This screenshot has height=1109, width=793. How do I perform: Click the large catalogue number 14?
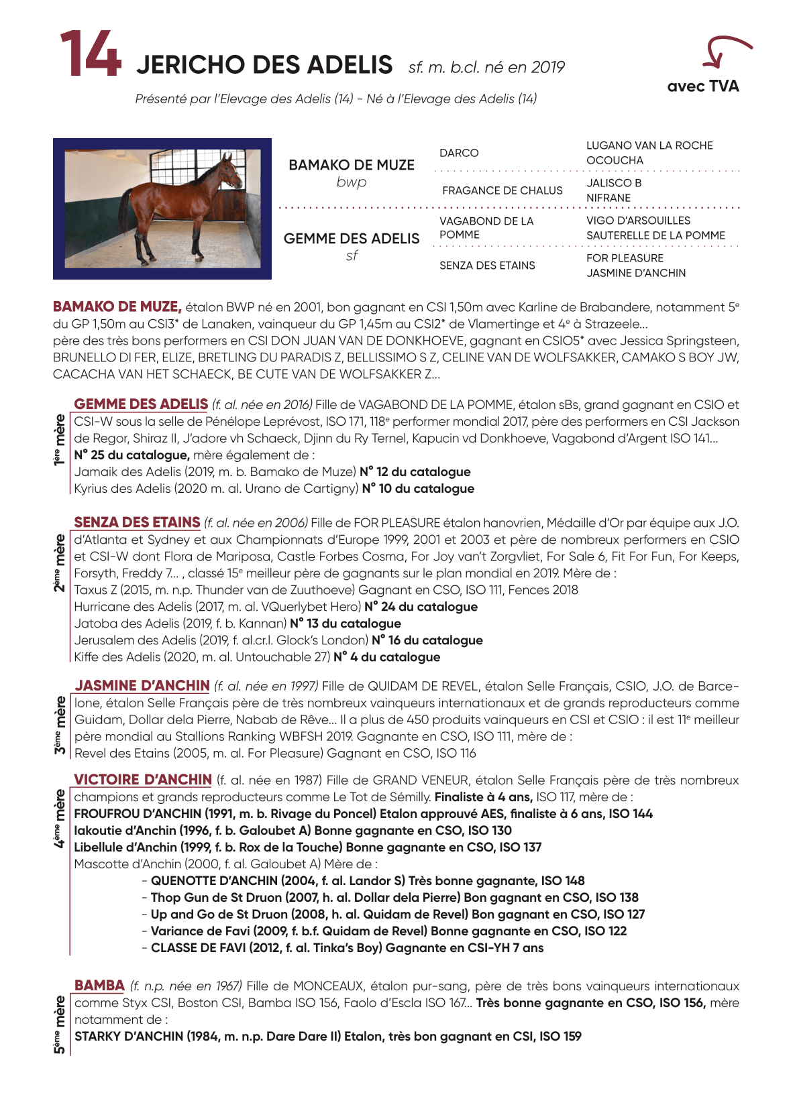click(91, 54)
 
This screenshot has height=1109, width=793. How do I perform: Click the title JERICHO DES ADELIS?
click(264, 65)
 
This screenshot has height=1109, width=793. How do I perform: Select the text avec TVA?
click(702, 86)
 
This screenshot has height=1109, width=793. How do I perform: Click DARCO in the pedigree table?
click(459, 153)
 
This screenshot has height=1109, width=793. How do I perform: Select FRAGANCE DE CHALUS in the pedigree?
click(502, 190)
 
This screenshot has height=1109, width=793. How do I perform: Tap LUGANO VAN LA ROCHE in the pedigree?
click(649, 145)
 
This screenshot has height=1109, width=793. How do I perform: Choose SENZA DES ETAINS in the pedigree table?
click(487, 266)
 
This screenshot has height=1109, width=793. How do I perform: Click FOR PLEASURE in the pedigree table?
click(625, 258)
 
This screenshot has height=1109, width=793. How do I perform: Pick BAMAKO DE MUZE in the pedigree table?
click(352, 165)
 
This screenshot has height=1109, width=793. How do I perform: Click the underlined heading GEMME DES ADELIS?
click(141, 404)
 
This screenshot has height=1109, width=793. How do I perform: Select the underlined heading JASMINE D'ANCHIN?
click(142, 686)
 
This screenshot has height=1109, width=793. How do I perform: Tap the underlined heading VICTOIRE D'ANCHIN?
click(143, 780)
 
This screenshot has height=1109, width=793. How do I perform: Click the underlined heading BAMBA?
click(99, 986)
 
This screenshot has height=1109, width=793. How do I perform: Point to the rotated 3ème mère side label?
click(60, 724)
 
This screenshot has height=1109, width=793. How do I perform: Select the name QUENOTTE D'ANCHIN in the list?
click(214, 881)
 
